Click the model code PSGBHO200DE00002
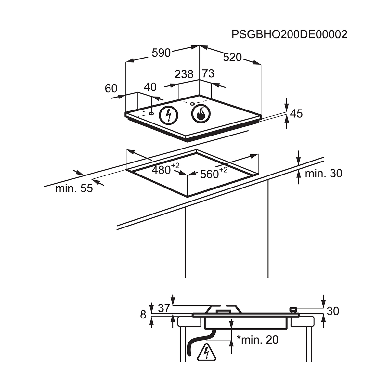coord(289,34)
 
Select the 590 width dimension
coord(161,53)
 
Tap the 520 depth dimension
coord(233,57)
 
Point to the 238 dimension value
coord(184,74)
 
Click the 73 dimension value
coord(208,74)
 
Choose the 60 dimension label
coord(111,88)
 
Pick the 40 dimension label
coord(150,87)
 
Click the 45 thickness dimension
coord(296,113)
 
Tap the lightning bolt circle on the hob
coord(168,115)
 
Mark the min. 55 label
coord(74,188)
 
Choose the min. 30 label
coord(323,174)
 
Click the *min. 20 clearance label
coord(257,340)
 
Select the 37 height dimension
coord(164,308)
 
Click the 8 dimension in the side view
coord(143,315)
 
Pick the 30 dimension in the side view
coord(333,311)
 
